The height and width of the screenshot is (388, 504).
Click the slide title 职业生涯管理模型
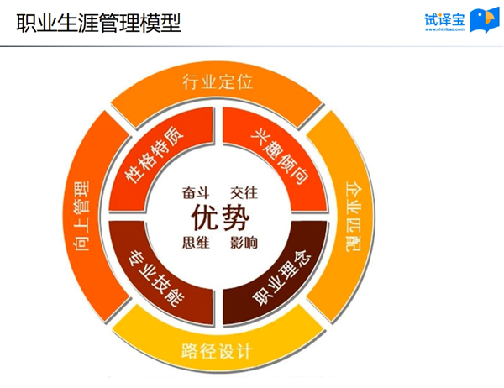(x=98, y=23)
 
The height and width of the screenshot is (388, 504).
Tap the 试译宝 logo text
(x=444, y=19)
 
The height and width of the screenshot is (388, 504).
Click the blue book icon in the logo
(x=485, y=21)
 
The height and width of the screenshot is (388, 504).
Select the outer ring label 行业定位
(x=218, y=81)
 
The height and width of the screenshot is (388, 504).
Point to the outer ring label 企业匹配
(x=354, y=217)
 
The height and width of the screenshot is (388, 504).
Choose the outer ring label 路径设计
(x=217, y=351)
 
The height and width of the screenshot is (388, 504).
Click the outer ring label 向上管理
(x=81, y=216)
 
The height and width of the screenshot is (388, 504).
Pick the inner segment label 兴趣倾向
(x=280, y=157)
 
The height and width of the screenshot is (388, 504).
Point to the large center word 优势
(x=220, y=218)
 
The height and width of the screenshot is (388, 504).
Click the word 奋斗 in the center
(x=196, y=192)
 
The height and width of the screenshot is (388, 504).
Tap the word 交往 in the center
(x=244, y=192)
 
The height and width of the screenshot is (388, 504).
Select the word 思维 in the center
(x=196, y=243)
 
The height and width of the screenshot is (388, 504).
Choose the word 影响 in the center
(x=244, y=243)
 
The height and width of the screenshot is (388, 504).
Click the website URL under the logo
(x=444, y=29)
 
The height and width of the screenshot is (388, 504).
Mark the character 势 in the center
(x=235, y=218)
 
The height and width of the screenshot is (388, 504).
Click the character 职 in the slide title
(x=26, y=23)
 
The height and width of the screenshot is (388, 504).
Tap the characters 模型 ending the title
(x=160, y=23)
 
